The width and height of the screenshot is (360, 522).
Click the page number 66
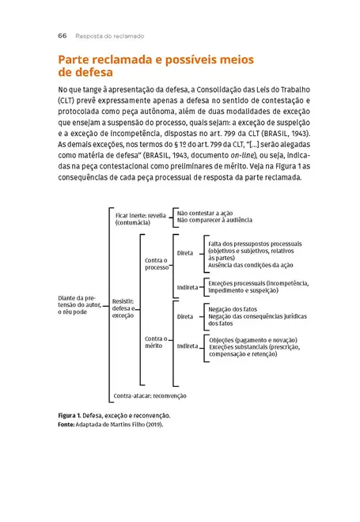point(62,36)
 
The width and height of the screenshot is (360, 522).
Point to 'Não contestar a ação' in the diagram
point(206,214)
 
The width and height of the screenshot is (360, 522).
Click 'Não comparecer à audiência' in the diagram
point(214,221)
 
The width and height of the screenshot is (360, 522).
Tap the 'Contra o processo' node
point(157,263)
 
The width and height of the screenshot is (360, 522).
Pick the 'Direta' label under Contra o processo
point(185,254)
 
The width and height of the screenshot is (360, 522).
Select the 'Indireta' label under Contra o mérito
point(188,346)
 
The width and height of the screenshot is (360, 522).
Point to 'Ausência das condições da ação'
point(250,264)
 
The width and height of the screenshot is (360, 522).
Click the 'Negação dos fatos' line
point(234,309)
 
